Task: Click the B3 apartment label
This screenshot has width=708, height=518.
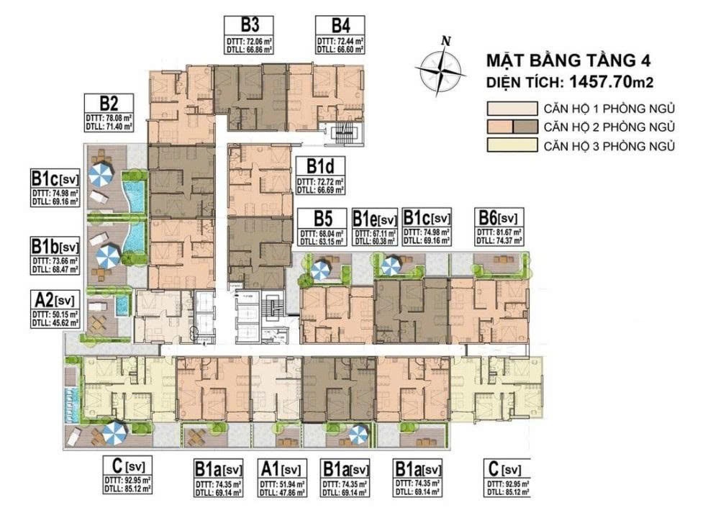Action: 241,23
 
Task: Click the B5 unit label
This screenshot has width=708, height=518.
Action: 322,217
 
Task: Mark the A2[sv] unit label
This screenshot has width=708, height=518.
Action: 55,299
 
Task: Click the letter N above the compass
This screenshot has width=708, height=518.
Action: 446,42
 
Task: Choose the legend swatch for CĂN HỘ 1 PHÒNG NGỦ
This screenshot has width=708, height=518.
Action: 510,109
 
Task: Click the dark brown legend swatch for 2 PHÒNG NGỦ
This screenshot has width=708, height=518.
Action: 525,128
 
